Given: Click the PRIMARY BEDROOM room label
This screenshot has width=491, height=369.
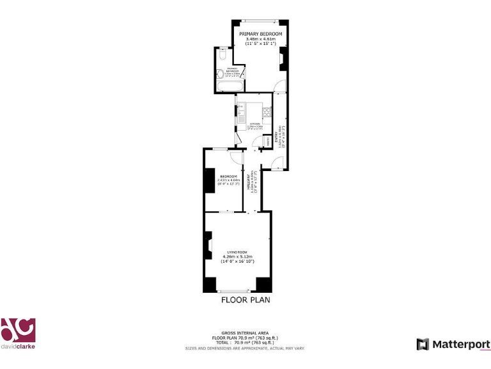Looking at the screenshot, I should point(260,33).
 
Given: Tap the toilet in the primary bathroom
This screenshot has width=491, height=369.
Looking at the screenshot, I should point(221,56).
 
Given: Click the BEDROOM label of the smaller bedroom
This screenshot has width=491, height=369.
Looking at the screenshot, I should point(228,176).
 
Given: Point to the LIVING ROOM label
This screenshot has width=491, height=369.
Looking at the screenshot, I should point(238,252).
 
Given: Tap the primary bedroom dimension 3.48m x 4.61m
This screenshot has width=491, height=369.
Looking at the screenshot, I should point(260,39).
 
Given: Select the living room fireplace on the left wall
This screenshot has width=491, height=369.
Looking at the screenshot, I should point(208,245).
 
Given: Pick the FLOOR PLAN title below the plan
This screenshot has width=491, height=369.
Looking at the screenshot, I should point(245,299).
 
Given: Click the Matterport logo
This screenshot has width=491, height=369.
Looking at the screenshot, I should point(453,344).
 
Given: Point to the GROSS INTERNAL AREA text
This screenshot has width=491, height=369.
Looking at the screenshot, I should point(245,333).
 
